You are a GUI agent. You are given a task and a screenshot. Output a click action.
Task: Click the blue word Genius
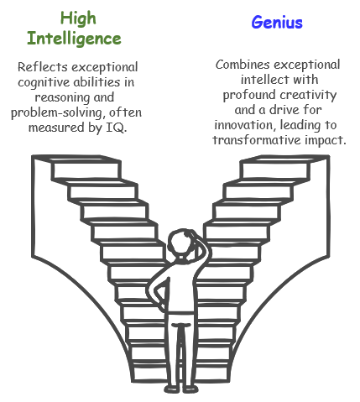pos(277,23)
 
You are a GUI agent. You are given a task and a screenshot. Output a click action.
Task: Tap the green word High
pos(78,18)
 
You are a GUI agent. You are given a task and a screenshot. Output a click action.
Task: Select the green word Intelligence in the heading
pos(74,39)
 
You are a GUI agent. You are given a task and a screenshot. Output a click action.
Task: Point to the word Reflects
pos(43,67)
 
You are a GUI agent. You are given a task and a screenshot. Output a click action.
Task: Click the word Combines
pos(243,65)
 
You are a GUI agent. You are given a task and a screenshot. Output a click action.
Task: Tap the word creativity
pos(308,95)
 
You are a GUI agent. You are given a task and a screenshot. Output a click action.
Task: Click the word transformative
pos(257,140)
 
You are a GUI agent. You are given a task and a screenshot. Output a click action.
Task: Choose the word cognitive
pos(44,83)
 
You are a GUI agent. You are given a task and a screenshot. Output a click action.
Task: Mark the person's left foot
pos(171,389)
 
